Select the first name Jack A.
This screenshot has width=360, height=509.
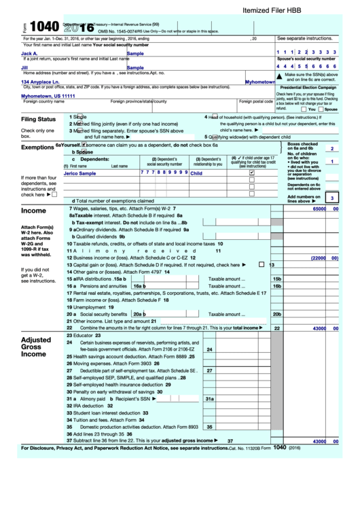coord(29,53)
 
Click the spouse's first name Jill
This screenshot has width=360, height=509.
coord(24,67)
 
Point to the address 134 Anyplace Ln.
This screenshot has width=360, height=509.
coord(44,82)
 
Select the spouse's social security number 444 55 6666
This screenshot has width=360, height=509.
coord(306,67)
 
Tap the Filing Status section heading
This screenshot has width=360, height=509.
coord(38,120)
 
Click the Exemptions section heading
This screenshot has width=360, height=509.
coord(37,147)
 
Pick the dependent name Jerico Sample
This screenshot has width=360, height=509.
coord(79,173)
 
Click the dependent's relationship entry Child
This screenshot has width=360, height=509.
coord(196,173)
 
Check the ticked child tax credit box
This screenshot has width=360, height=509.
coord(252,173)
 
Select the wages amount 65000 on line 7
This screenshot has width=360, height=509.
coord(319,209)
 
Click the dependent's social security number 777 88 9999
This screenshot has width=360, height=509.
coord(164,173)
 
